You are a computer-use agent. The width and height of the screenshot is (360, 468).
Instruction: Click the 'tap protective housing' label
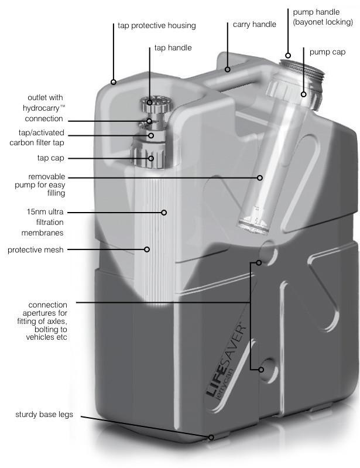(157, 26)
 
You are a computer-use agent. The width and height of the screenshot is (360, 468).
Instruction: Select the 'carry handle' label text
(255, 25)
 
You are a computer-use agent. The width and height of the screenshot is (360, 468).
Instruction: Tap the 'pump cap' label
(327, 52)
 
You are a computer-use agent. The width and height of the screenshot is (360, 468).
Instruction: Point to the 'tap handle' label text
(173, 48)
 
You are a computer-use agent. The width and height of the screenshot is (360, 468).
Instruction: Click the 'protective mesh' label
(36, 250)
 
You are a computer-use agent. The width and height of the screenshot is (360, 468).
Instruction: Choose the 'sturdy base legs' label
(44, 415)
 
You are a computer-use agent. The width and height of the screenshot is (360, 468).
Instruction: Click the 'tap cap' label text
(51, 158)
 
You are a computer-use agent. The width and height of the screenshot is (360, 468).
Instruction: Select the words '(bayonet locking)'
(323, 22)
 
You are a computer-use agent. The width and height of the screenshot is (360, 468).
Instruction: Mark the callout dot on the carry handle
(228, 69)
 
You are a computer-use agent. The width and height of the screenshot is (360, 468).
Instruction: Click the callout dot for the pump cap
(303, 94)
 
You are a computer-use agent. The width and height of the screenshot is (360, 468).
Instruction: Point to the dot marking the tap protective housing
(114, 81)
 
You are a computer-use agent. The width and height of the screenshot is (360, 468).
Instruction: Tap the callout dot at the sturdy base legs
(211, 438)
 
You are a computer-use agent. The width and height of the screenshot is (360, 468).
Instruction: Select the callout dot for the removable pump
(260, 177)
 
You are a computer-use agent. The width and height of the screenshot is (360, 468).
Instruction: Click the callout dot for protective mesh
(147, 249)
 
